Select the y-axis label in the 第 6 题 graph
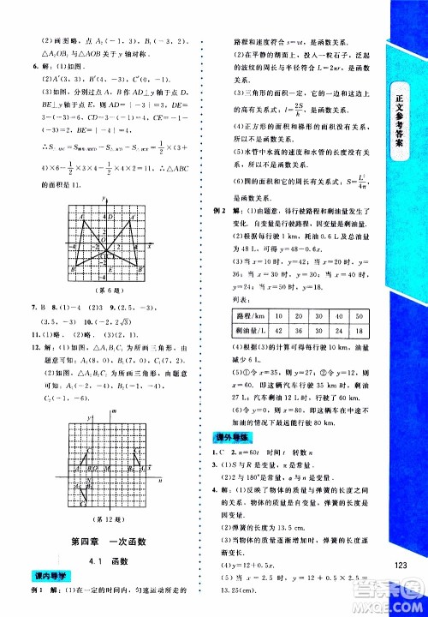point(102,200)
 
